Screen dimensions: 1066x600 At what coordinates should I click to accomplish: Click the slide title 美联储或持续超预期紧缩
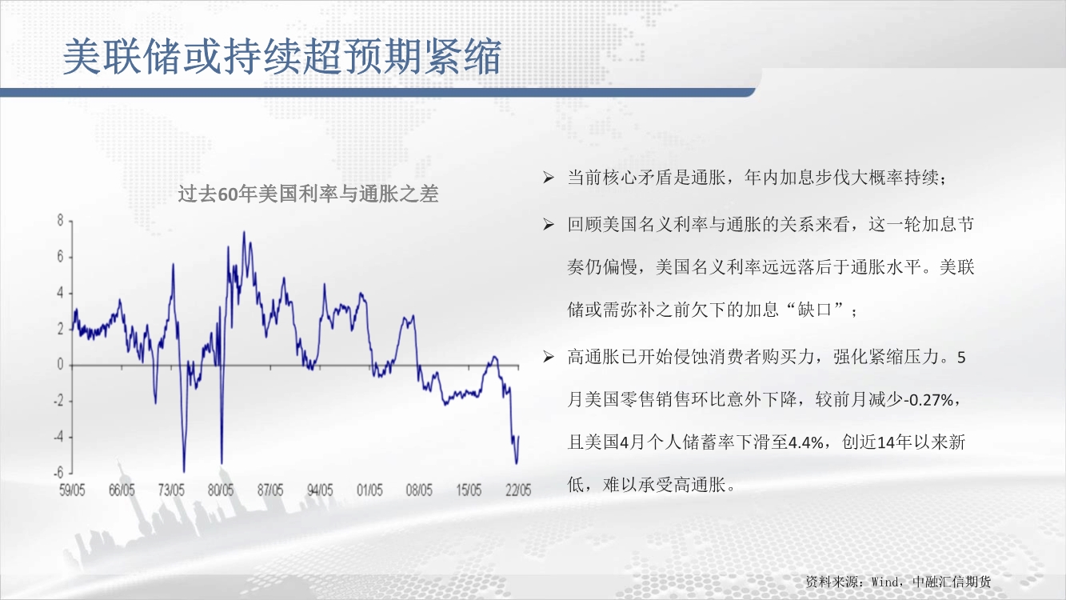pos(282,57)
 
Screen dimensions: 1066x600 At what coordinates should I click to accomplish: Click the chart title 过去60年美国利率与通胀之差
pos(308,194)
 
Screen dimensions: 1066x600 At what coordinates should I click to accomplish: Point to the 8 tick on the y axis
pos(60,221)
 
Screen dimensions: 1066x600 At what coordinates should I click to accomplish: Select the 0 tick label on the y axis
pos(60,365)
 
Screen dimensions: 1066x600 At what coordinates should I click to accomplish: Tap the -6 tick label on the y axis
pos(58,473)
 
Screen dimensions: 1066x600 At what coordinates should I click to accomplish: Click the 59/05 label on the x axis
pos(72,490)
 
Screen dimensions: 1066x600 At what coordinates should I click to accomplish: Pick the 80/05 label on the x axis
pos(221,490)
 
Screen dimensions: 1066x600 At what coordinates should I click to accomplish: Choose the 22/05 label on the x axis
pos(518,490)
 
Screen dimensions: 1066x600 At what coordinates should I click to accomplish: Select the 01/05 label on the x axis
pos(369,490)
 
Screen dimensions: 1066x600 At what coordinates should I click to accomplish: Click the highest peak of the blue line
pos(244,232)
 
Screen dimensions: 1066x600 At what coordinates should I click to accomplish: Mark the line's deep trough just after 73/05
pos(184,471)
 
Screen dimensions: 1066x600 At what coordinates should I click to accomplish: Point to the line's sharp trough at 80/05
pos(222,463)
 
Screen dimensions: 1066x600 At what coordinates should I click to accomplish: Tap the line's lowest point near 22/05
pos(517,463)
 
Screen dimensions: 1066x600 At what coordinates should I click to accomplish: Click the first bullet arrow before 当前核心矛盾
pos(549,178)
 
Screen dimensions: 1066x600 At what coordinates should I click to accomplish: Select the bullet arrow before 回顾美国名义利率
pos(549,224)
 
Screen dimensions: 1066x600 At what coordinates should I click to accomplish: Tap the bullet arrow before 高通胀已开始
pos(549,357)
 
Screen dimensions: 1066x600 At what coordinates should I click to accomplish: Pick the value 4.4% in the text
pos(806,443)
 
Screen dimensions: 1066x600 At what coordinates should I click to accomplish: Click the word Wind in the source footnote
pos(884,582)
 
